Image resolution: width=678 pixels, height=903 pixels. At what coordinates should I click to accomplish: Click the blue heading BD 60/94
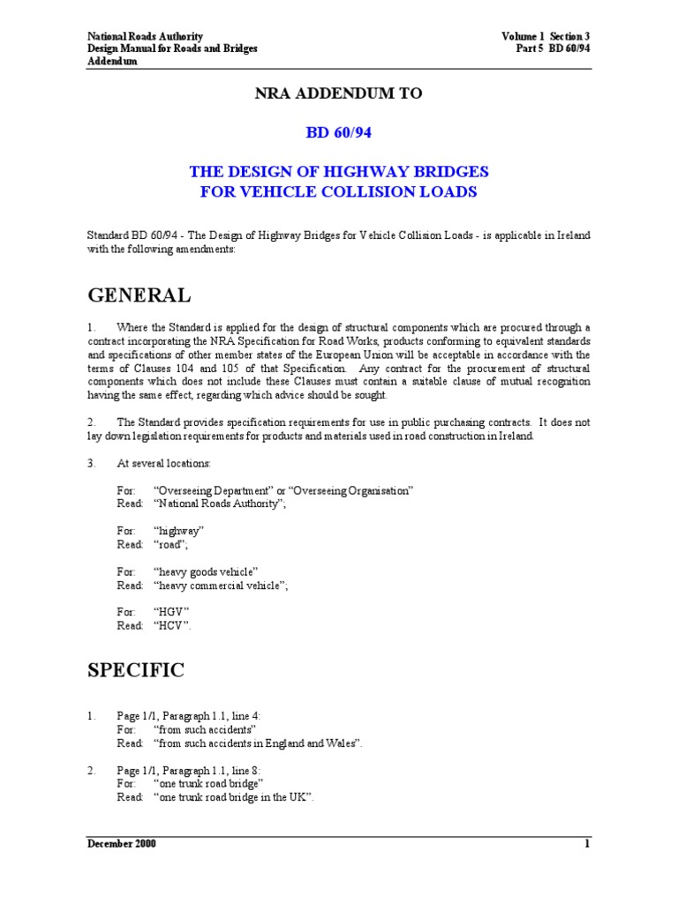click(x=339, y=132)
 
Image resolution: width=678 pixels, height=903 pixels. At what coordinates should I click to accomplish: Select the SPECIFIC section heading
click(x=136, y=670)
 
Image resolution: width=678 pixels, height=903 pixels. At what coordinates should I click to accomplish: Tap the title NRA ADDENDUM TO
click(x=339, y=93)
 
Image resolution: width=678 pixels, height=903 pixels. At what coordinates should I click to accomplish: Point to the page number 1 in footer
click(x=586, y=844)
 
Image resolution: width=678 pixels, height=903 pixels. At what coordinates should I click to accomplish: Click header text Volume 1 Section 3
click(x=545, y=36)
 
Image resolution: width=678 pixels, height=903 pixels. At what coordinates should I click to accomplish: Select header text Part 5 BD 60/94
click(x=553, y=49)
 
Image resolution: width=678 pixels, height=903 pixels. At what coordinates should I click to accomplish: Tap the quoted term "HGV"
click(x=172, y=611)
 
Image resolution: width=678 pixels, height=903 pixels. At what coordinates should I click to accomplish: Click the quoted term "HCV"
click(x=172, y=625)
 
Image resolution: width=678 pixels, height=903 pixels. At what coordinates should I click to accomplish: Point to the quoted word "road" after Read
click(x=171, y=545)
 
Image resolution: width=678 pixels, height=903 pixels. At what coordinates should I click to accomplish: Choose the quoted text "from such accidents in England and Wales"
click(x=257, y=743)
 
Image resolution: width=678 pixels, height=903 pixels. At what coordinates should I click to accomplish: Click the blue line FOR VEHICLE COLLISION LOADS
click(x=339, y=193)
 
